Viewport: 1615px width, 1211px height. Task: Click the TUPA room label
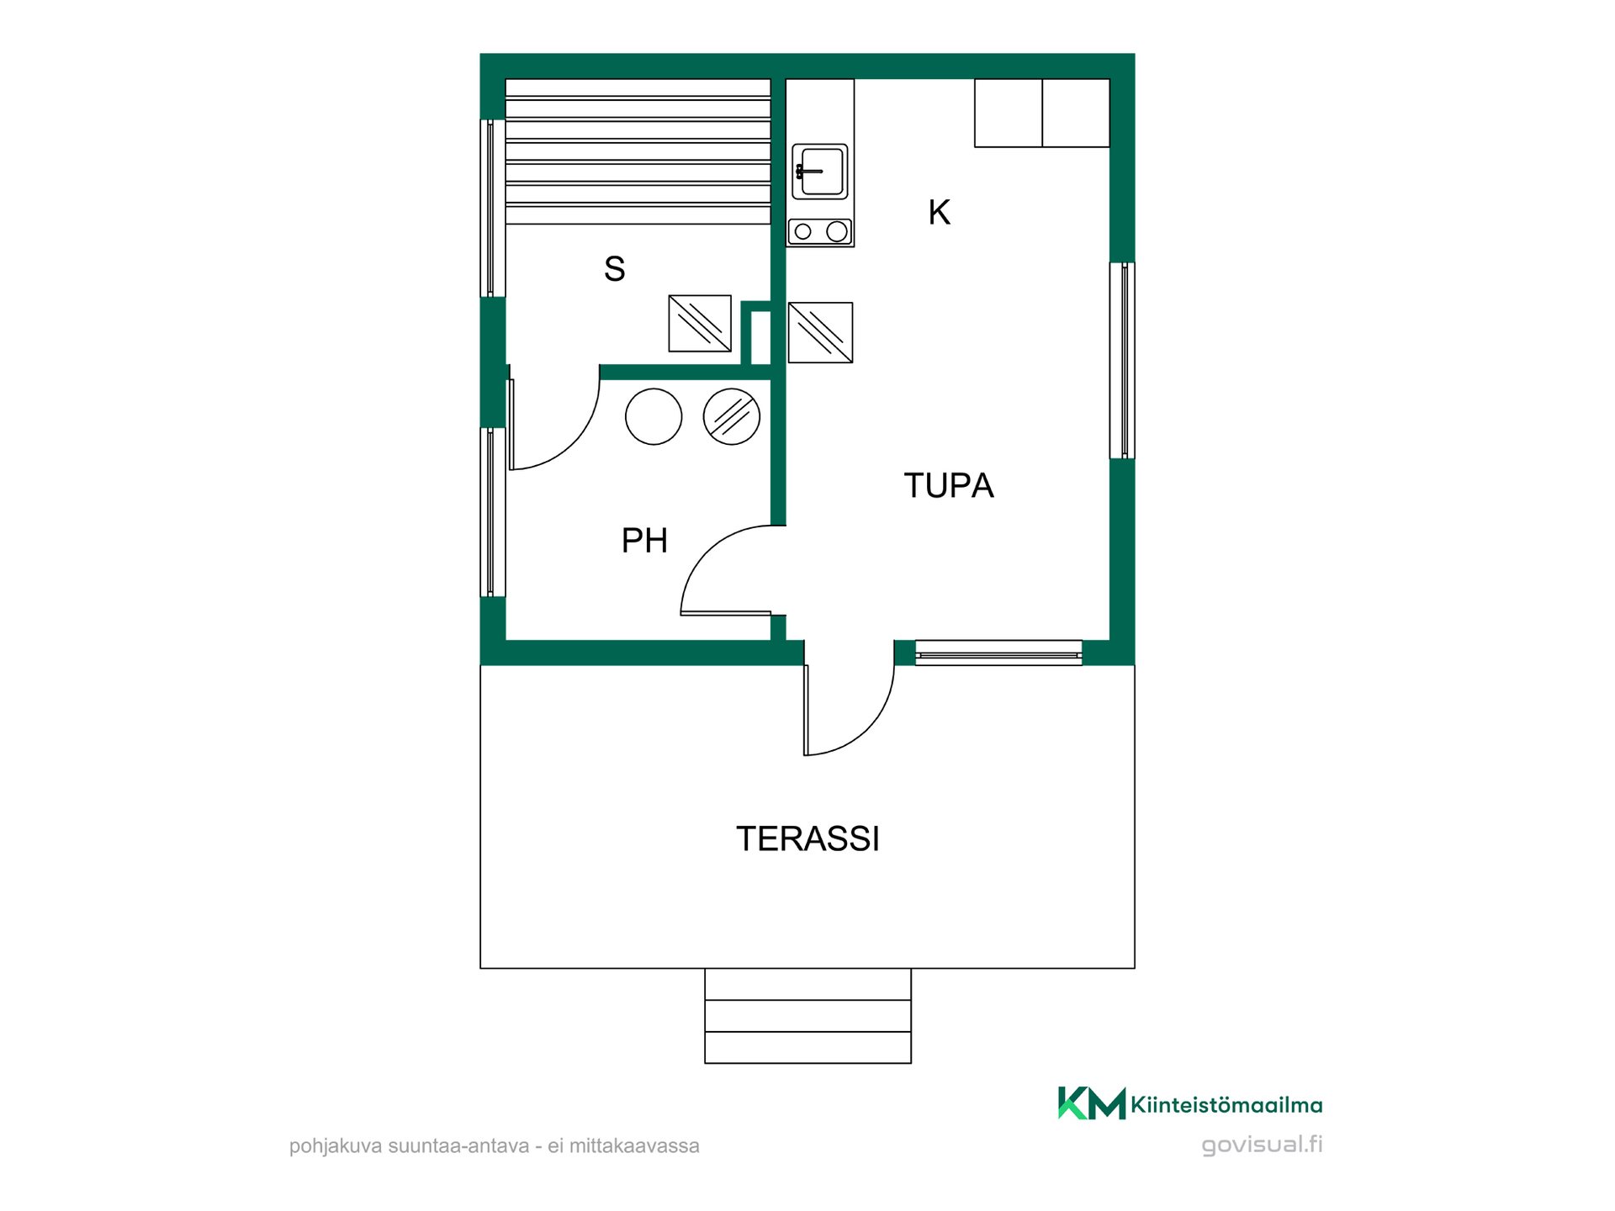click(x=948, y=485)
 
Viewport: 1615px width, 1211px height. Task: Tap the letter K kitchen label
click(x=939, y=213)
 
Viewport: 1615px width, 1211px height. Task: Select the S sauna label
click(x=614, y=269)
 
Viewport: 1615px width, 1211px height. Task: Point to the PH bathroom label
click(x=644, y=541)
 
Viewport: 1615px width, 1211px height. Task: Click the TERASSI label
click(x=807, y=838)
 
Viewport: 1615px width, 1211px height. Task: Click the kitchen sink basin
click(x=820, y=172)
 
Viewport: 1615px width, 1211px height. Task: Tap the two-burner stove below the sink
click(x=820, y=231)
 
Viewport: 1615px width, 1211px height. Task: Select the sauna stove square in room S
click(x=700, y=323)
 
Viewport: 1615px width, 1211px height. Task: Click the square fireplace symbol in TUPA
click(x=820, y=333)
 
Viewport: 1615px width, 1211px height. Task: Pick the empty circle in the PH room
click(x=654, y=416)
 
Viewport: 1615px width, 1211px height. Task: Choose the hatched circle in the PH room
click(x=732, y=416)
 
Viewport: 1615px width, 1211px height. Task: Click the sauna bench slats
click(x=638, y=151)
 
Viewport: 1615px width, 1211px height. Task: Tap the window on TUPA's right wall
click(x=1122, y=361)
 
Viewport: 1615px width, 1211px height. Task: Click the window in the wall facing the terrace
click(x=998, y=653)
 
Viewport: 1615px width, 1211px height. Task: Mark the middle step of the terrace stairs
click(x=807, y=1016)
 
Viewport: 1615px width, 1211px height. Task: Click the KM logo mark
click(x=1091, y=1103)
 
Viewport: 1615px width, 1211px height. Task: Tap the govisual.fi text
click(x=1262, y=1145)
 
